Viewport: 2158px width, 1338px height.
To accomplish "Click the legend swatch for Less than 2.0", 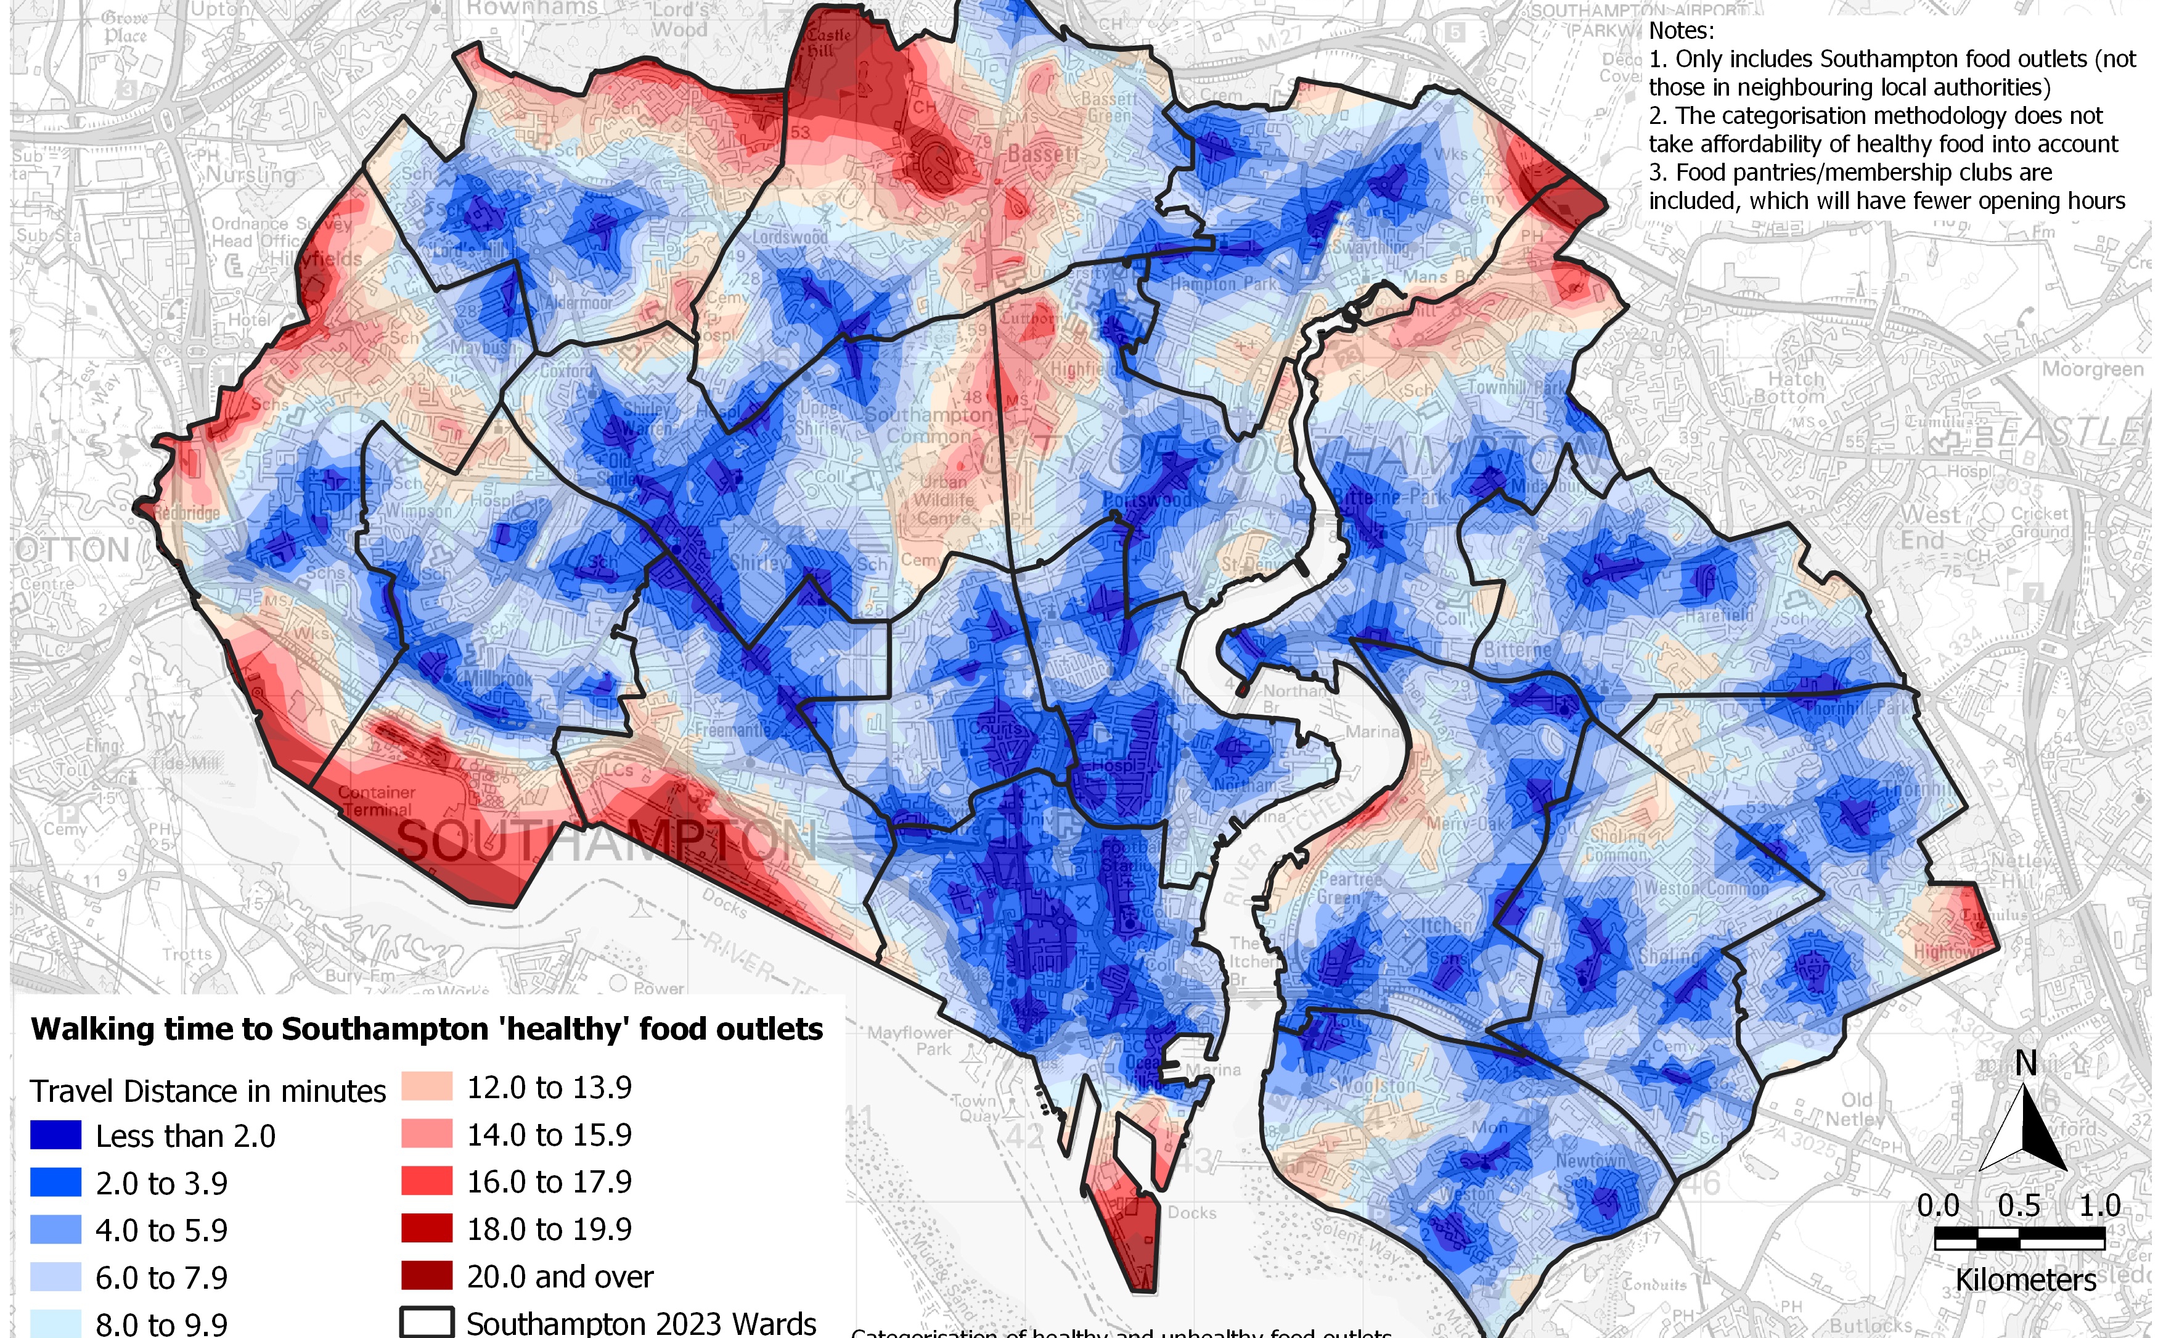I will [x=55, y=1135].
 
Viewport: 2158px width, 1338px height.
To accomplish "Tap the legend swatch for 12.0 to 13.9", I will [x=427, y=1086].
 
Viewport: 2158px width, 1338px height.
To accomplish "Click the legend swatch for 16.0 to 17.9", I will [x=427, y=1181].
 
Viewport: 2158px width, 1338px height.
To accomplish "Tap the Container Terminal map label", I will [x=377, y=801].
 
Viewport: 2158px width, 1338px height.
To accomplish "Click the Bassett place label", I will [x=1043, y=155].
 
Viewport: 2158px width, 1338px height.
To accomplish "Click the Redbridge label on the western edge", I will [x=187, y=513].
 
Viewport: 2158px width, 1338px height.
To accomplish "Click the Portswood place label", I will [x=1147, y=501].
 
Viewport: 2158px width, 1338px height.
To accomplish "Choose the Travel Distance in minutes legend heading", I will [x=208, y=1091].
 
